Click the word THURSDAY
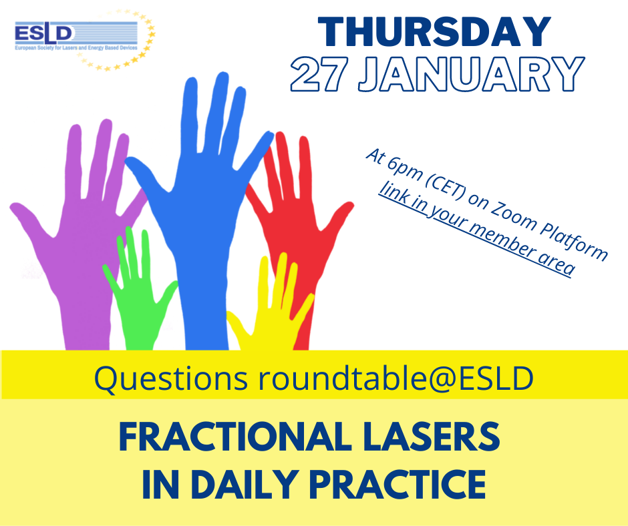(x=434, y=32)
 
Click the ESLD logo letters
(x=43, y=33)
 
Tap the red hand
(x=297, y=224)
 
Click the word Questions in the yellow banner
(x=170, y=378)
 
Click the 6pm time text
(x=404, y=168)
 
